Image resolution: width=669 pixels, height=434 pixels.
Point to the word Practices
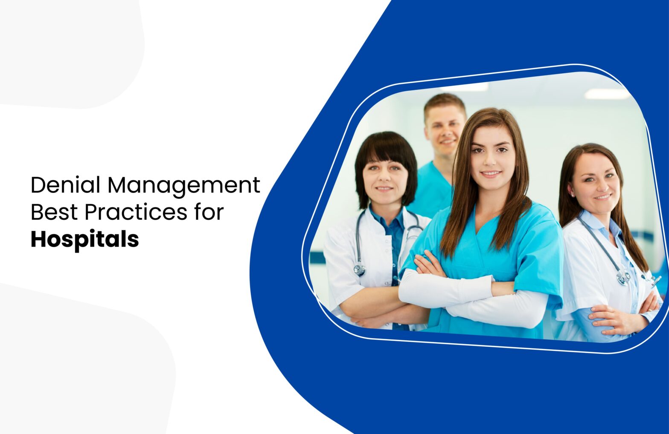(x=136, y=212)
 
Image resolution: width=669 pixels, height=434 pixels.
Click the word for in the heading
(x=208, y=212)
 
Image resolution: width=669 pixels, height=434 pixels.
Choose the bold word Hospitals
(x=84, y=239)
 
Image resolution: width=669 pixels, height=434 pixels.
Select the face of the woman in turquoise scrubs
(x=491, y=157)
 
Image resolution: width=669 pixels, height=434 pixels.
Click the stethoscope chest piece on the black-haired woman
(x=360, y=270)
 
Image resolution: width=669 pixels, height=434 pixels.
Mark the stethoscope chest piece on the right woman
(x=623, y=277)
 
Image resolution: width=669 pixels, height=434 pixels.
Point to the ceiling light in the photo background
(x=606, y=94)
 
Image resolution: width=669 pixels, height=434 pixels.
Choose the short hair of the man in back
(x=444, y=102)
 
